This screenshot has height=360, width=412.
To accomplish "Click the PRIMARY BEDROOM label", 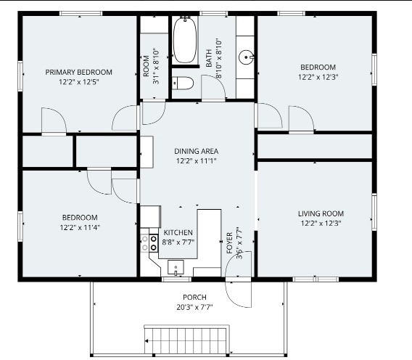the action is point(79,72).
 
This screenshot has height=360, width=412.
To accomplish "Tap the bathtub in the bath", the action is point(185,40).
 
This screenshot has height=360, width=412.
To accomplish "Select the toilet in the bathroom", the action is point(183,83).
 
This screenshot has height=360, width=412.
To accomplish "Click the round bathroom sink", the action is point(246,57).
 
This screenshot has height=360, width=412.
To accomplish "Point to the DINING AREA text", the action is point(197,151).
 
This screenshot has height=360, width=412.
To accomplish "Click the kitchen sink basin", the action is point(176,267).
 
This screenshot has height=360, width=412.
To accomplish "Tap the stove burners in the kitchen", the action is point(149,243).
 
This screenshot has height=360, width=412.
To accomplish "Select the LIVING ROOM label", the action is point(321,213).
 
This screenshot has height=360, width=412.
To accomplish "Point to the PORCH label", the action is point(194,298).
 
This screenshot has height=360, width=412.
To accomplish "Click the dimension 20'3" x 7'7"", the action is point(194,307).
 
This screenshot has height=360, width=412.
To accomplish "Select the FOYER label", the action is point(230,242).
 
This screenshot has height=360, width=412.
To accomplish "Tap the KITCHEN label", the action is point(178,232).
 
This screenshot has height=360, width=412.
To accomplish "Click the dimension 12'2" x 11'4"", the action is point(80,227).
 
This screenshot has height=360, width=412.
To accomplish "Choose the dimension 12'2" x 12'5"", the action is point(79,82).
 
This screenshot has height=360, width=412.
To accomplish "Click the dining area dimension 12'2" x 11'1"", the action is point(197,161).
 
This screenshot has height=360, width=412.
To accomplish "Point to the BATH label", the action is point(209,58).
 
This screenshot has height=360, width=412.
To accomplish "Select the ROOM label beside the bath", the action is point(147,66).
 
